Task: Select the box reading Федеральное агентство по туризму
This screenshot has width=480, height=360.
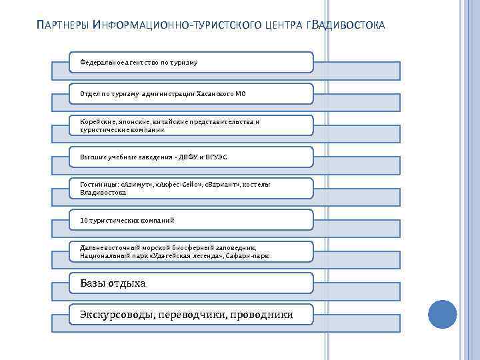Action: (191, 62)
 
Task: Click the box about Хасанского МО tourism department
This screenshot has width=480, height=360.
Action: (191, 94)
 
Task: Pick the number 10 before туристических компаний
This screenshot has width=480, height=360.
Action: (83, 219)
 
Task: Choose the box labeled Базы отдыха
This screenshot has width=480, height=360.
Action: (191, 283)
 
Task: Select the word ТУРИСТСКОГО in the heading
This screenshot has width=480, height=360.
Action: (217, 27)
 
